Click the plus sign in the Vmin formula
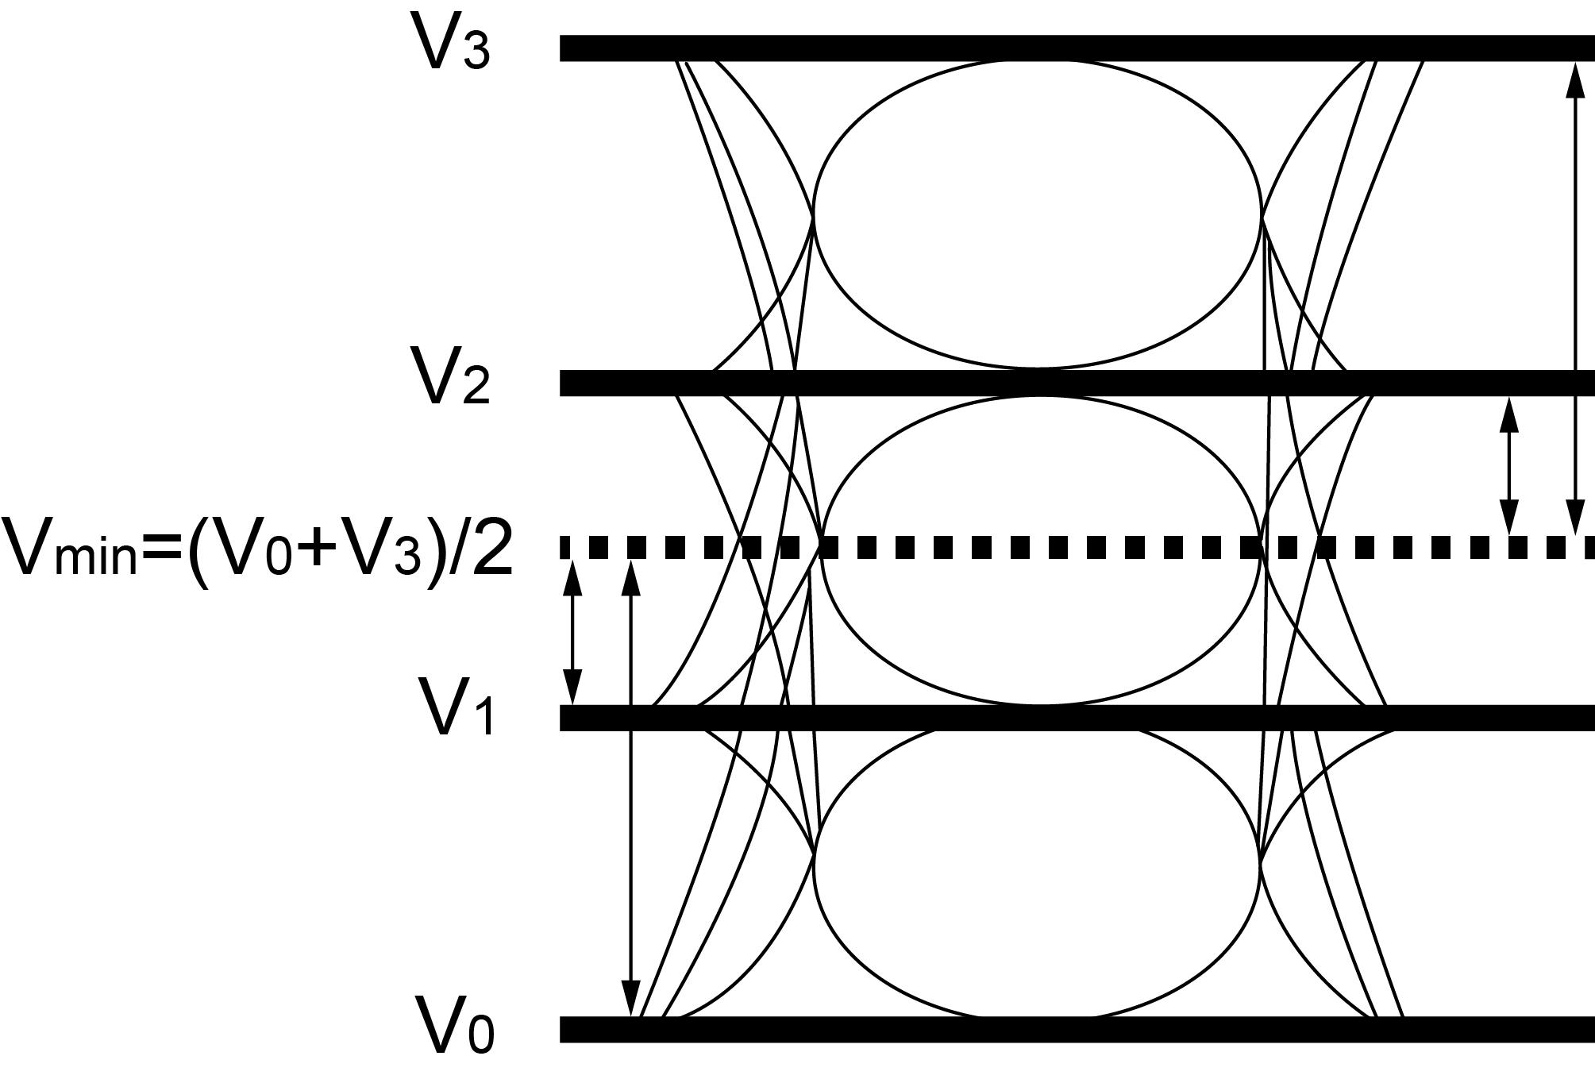318,546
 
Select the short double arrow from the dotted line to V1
572,632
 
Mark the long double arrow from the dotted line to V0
630,786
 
